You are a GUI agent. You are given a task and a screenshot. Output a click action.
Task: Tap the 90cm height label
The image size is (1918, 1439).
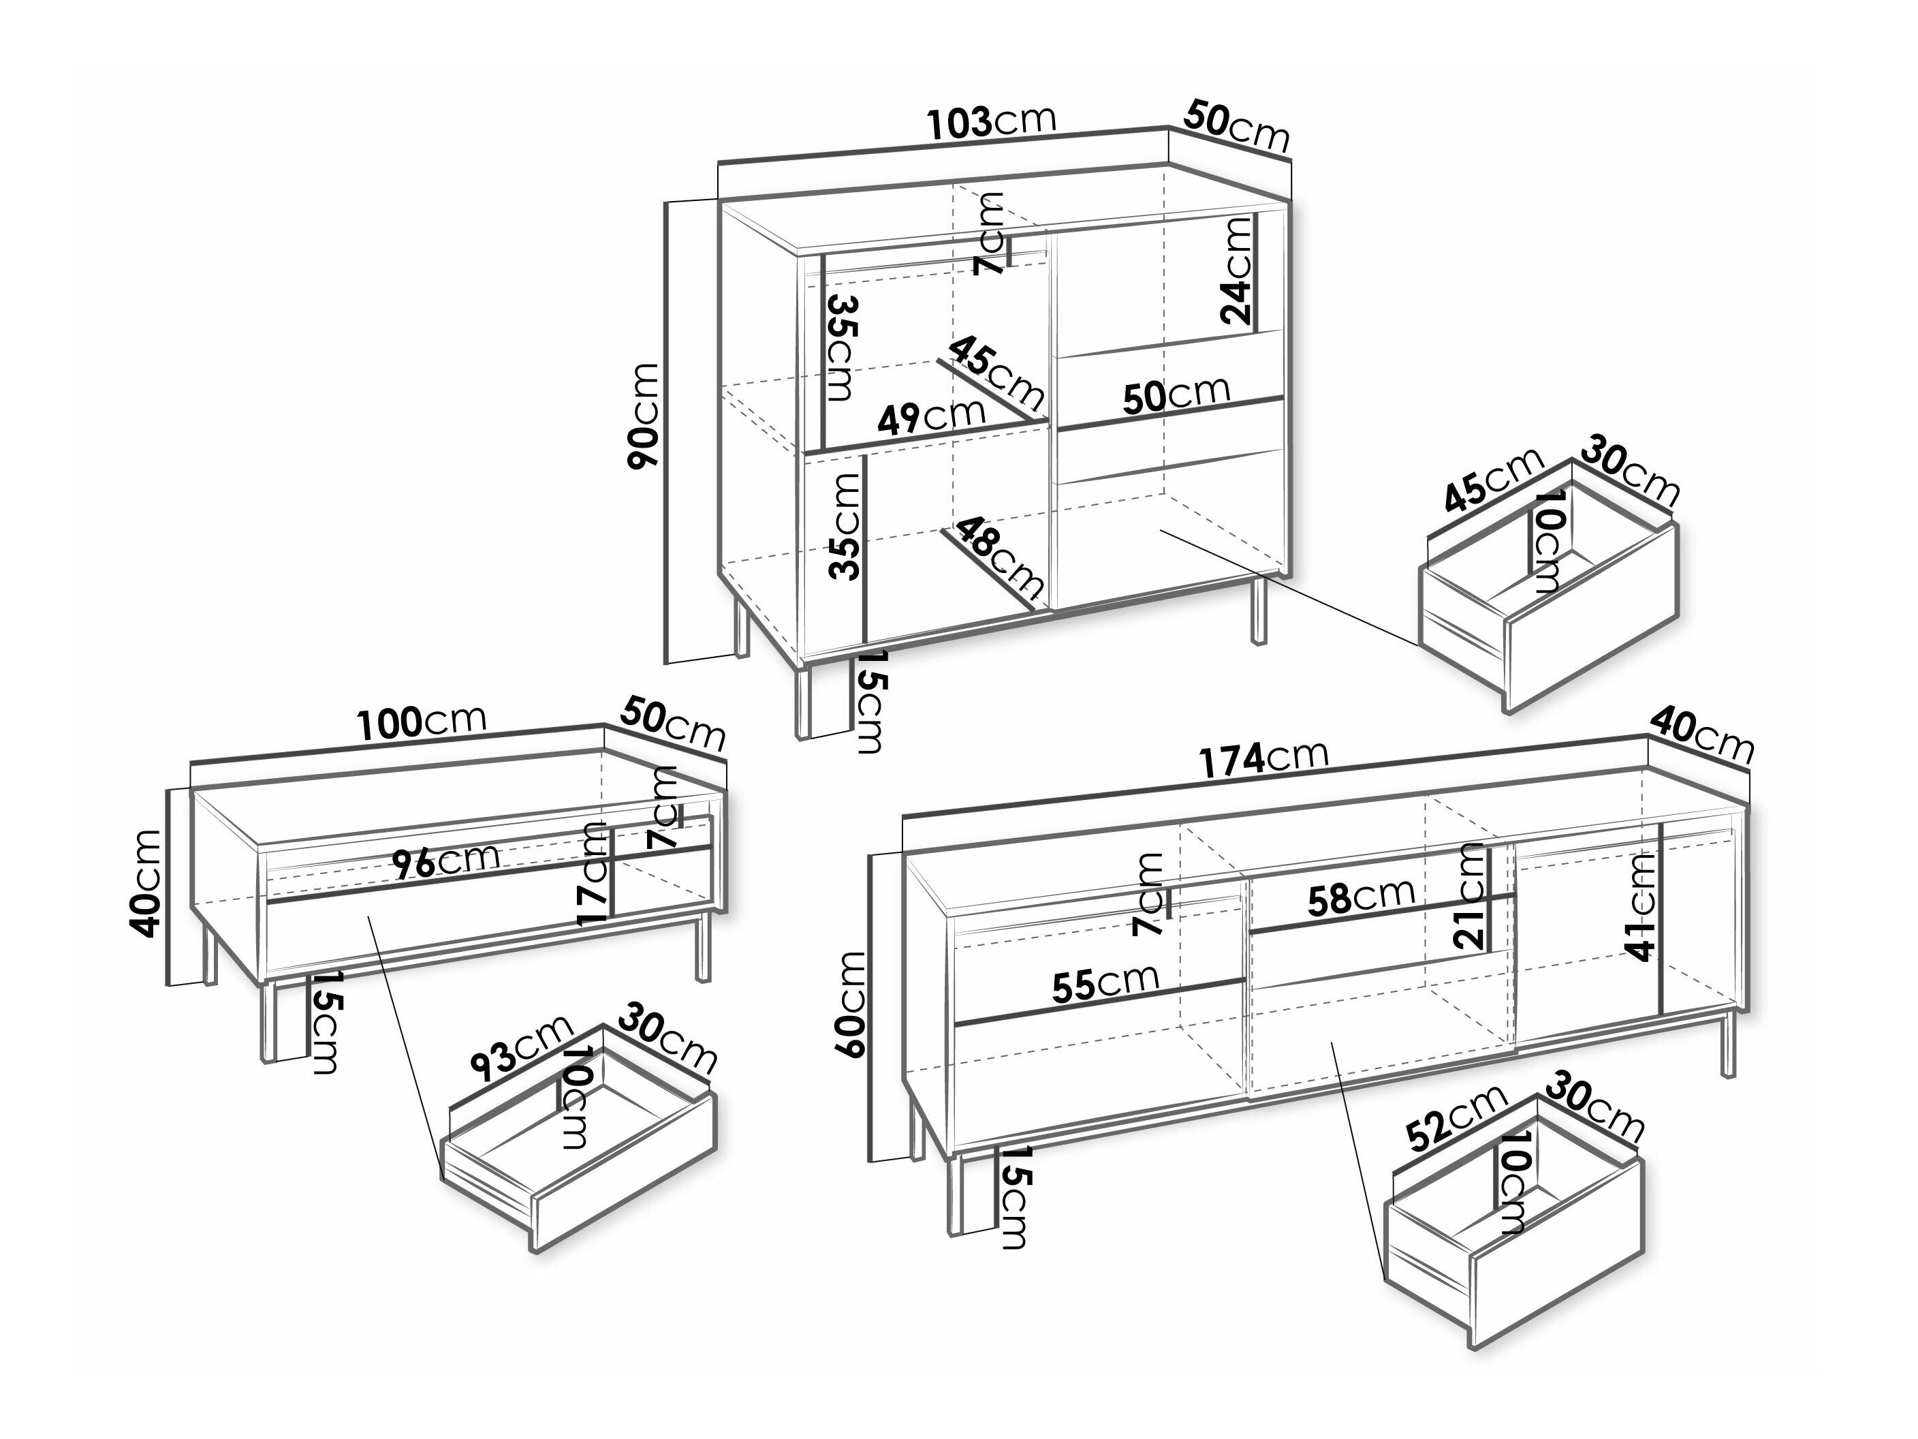click(x=644, y=416)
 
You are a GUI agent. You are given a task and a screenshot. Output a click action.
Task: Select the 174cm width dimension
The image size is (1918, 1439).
click(x=1263, y=759)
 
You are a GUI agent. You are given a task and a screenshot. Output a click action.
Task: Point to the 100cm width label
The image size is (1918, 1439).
click(x=422, y=722)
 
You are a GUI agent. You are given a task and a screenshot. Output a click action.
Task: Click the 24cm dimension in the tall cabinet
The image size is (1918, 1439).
click(x=1236, y=270)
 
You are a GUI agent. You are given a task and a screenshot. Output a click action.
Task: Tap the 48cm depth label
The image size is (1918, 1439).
click(x=997, y=558)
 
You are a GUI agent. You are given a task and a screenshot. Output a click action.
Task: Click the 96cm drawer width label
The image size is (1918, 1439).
click(x=445, y=861)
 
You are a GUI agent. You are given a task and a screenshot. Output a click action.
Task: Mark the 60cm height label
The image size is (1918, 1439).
click(x=851, y=1004)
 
